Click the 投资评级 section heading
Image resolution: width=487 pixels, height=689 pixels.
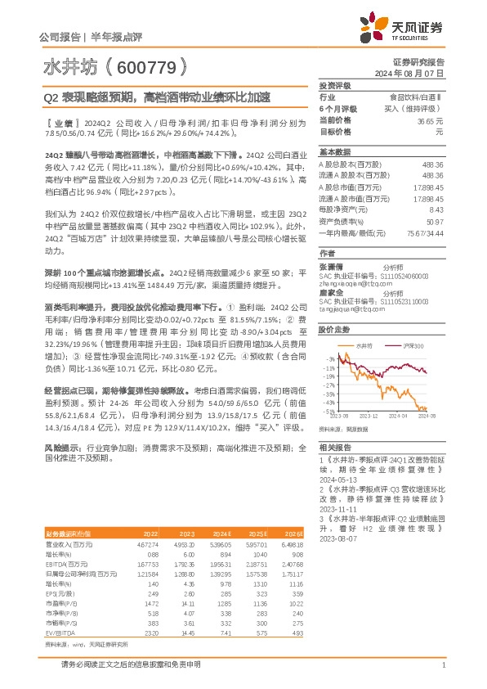[334, 85]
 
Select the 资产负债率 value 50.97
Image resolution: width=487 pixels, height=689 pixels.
[435, 221]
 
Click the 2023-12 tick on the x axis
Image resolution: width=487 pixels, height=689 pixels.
[368, 416]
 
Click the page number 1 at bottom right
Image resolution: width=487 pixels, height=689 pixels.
[443, 664]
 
